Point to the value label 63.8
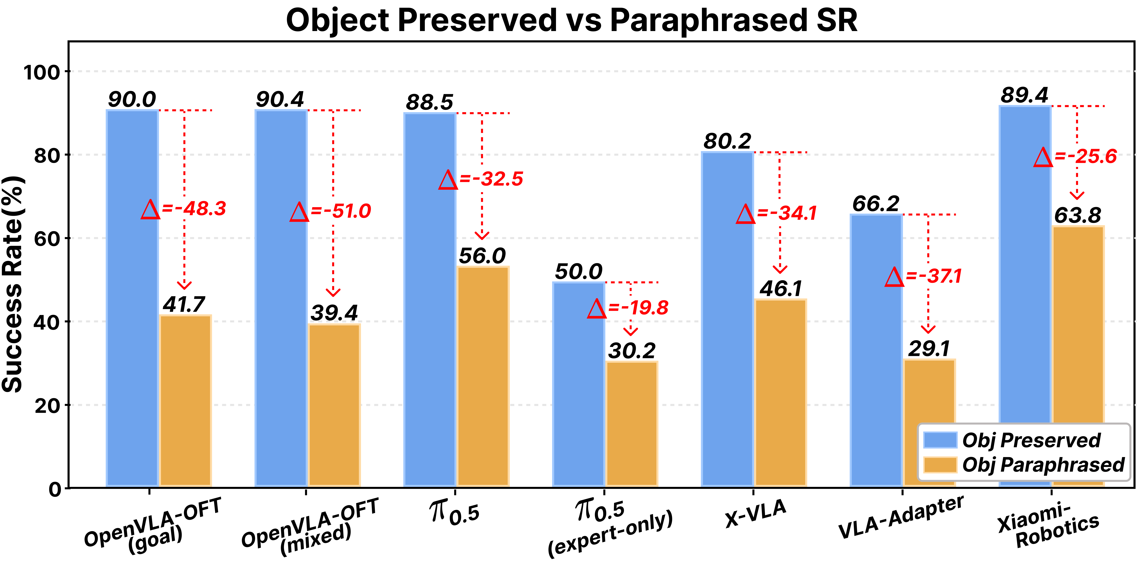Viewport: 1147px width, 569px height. [1077, 215]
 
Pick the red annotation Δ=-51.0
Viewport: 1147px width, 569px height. [330, 211]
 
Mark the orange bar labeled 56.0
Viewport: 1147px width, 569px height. [483, 376]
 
